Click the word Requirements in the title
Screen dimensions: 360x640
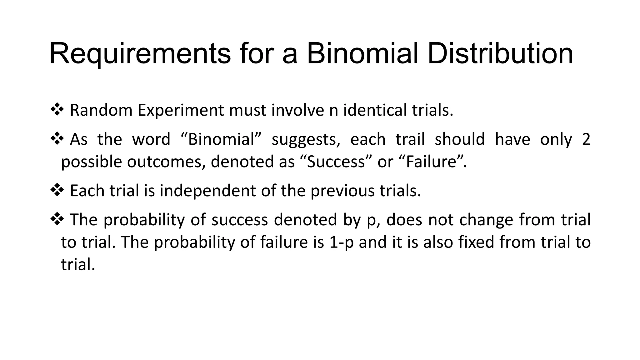pos(140,54)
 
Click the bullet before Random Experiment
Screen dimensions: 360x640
pos(57,110)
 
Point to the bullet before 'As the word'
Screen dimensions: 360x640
pos(57,139)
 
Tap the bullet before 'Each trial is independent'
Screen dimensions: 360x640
pos(57,190)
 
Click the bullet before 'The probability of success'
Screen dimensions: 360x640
pos(57,219)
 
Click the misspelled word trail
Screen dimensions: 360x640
pos(410,139)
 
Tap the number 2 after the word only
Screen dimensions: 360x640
pos(586,139)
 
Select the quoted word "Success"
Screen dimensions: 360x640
pos(336,162)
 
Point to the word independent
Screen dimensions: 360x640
pos(208,191)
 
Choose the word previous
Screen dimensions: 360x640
pos(342,191)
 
